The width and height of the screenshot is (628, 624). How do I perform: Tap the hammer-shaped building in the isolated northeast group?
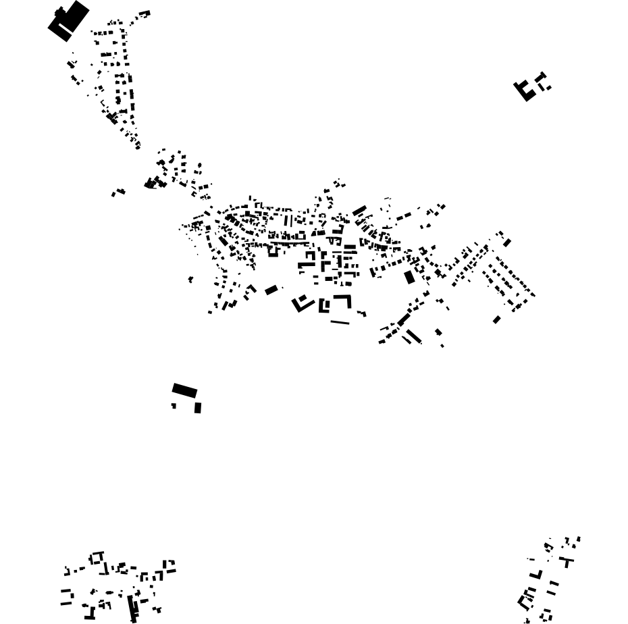click(541, 79)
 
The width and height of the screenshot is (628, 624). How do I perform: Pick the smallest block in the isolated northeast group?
click(548, 88)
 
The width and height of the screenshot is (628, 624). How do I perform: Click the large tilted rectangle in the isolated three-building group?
click(184, 390)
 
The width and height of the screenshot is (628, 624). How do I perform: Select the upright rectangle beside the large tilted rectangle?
click(198, 408)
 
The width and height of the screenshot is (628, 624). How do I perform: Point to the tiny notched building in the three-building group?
click(174, 406)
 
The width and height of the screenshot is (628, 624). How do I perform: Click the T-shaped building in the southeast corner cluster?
click(567, 561)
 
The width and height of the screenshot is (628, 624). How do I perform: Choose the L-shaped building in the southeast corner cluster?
click(537, 575)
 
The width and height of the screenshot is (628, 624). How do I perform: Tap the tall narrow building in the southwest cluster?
click(132, 606)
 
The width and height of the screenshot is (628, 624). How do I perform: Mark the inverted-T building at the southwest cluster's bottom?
click(89, 615)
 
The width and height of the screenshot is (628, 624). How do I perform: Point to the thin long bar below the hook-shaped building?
click(340, 322)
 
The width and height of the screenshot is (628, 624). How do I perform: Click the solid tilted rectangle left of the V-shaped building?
click(271, 290)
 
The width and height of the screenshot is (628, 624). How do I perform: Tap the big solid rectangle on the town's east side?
click(409, 277)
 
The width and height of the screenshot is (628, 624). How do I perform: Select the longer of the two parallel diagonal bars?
click(413, 336)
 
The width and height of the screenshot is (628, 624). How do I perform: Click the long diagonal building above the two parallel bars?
click(403, 319)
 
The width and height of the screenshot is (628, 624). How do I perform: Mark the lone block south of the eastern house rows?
click(496, 320)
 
